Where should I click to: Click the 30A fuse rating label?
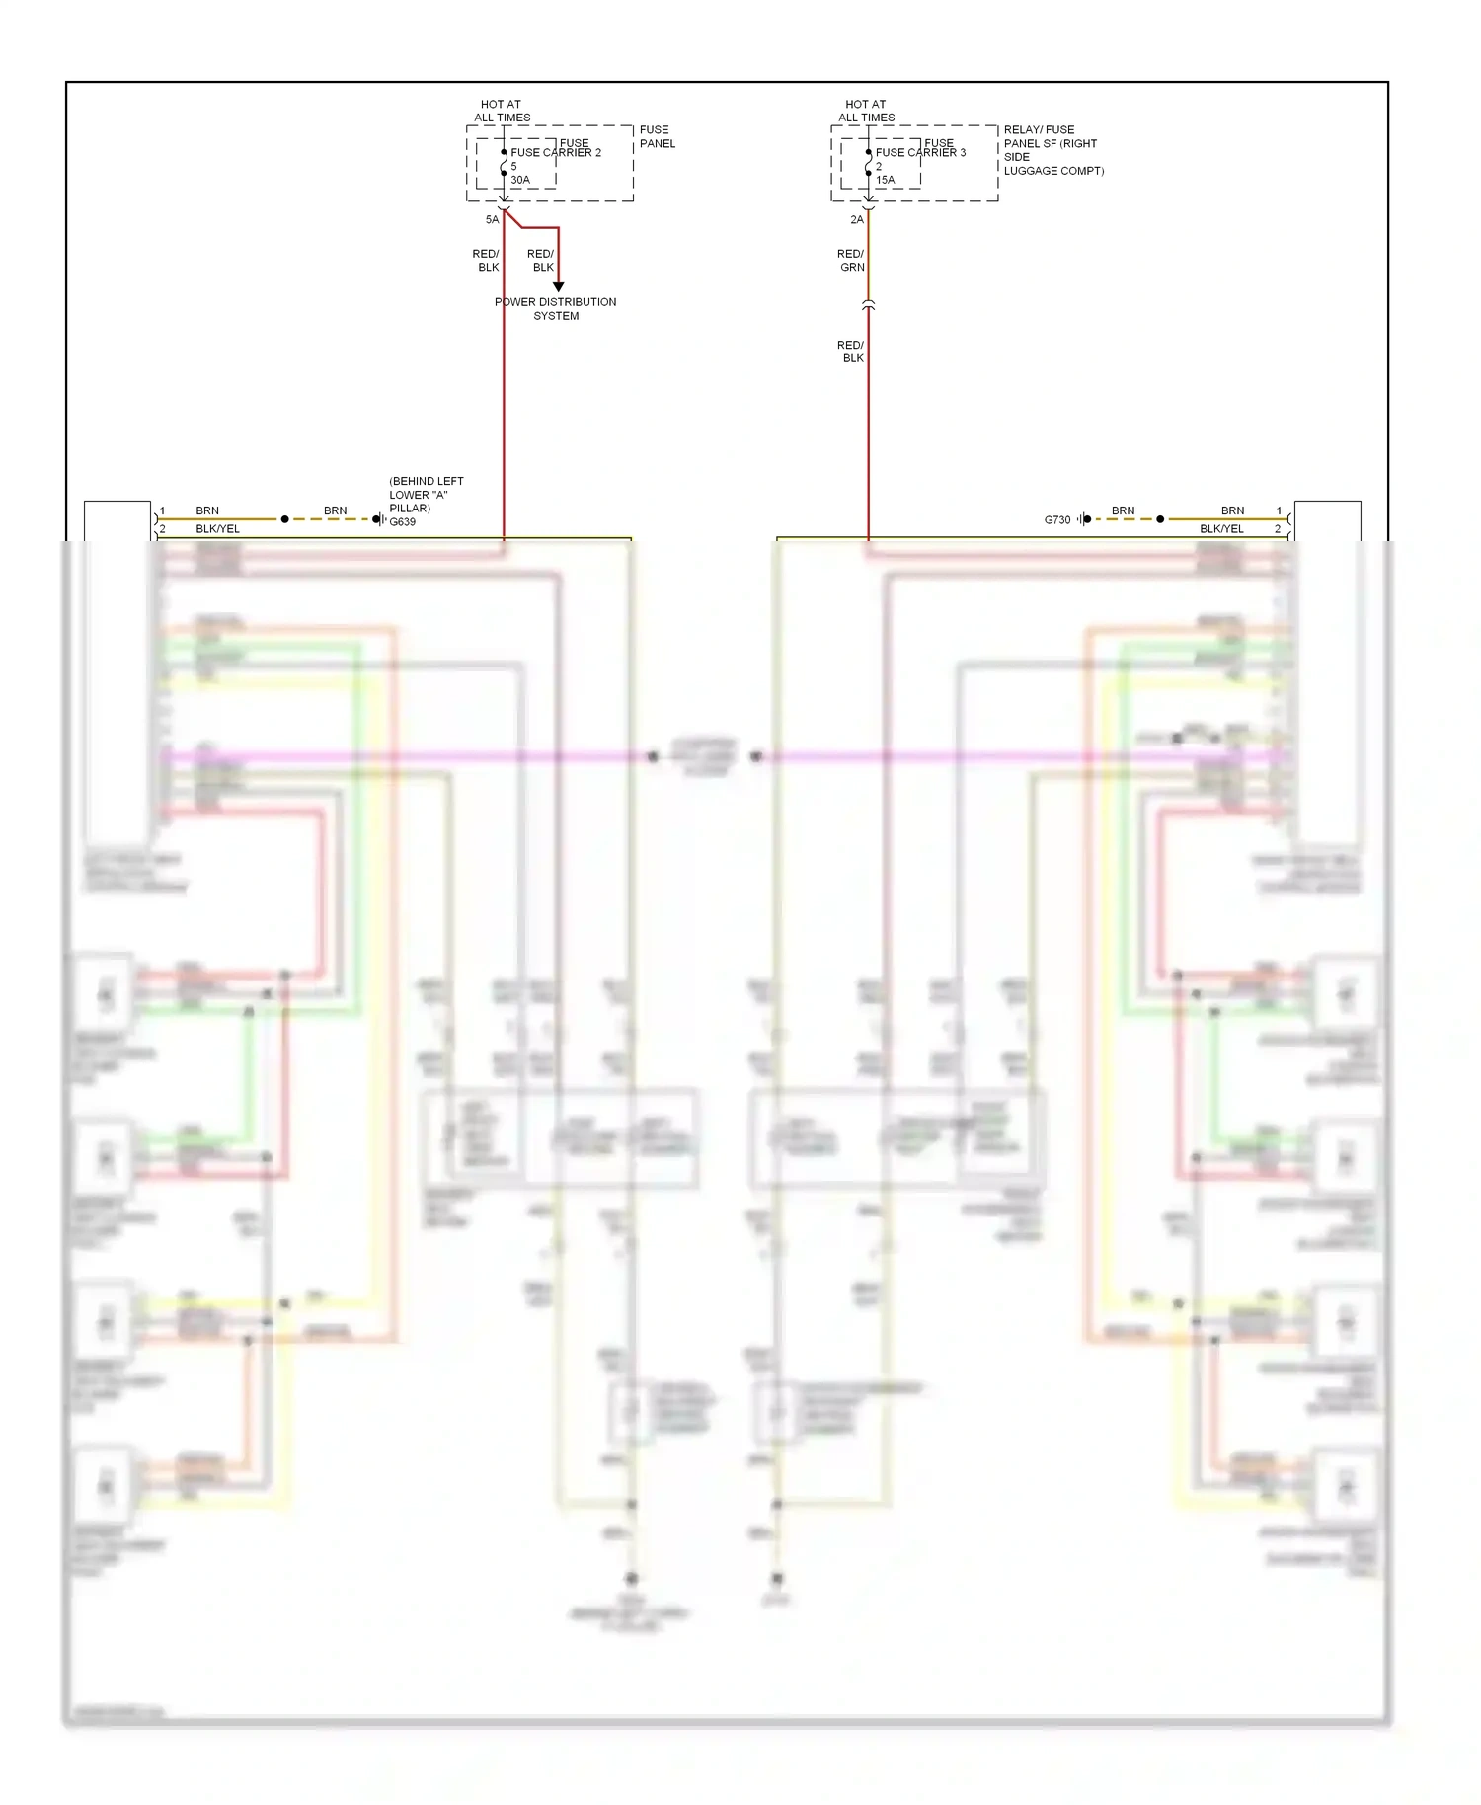coord(520,180)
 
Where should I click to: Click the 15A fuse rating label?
coord(886,180)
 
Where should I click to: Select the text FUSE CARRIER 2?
coord(556,153)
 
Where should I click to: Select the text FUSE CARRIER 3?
coord(920,153)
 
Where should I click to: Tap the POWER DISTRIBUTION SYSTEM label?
coord(556,309)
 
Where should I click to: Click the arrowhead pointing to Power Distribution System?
coord(558,287)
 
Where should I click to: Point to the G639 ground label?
coord(403,522)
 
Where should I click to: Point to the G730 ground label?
coord(1056,519)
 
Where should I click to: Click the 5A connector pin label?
coord(492,219)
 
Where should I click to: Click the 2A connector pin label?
coord(857,219)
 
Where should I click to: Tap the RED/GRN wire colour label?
coord(851,261)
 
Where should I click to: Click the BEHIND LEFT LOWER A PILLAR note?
coord(426,495)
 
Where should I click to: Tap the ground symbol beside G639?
coord(379,519)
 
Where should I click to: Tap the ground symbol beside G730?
coord(1085,519)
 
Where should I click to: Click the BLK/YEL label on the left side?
coord(217,529)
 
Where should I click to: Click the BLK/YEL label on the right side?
coord(1221,529)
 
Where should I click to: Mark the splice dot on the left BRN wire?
coord(285,519)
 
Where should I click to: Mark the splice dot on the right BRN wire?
coord(1160,519)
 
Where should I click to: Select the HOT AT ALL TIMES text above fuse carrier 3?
coord(866,111)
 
